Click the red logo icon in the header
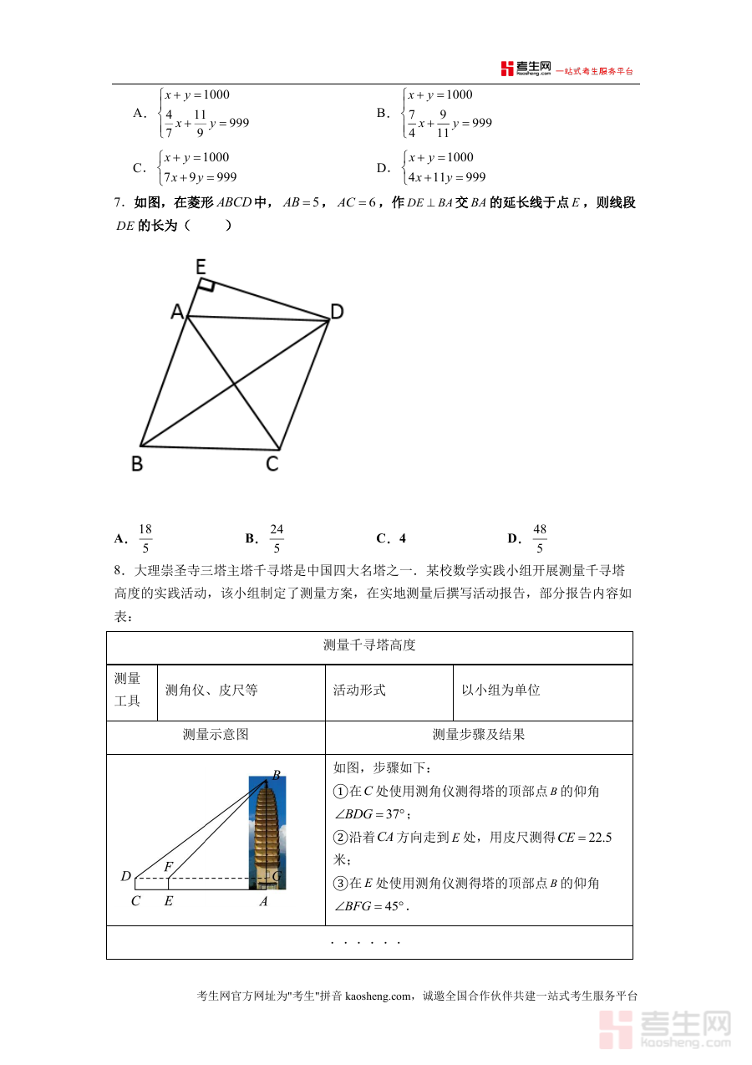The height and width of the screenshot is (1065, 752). [507, 69]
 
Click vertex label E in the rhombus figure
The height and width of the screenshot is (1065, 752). [201, 267]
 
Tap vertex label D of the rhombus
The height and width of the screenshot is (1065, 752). [337, 312]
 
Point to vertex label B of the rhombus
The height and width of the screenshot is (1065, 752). [137, 463]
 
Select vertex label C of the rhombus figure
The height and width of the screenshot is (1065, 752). [272, 463]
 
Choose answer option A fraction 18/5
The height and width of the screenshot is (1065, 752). [145, 538]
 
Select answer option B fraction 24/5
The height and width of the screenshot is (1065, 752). [277, 538]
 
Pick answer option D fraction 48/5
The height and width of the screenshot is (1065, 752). [539, 538]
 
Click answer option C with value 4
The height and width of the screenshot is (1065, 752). [402, 538]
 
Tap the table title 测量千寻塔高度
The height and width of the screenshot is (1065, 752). [369, 645]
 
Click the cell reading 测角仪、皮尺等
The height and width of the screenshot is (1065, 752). [212, 690]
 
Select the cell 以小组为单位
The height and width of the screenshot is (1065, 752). [501, 690]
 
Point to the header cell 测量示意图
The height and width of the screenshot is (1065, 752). [216, 735]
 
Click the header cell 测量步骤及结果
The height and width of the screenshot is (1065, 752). [479, 735]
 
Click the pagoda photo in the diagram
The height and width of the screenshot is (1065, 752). [267, 832]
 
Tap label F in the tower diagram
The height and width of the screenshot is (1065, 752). [168, 867]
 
